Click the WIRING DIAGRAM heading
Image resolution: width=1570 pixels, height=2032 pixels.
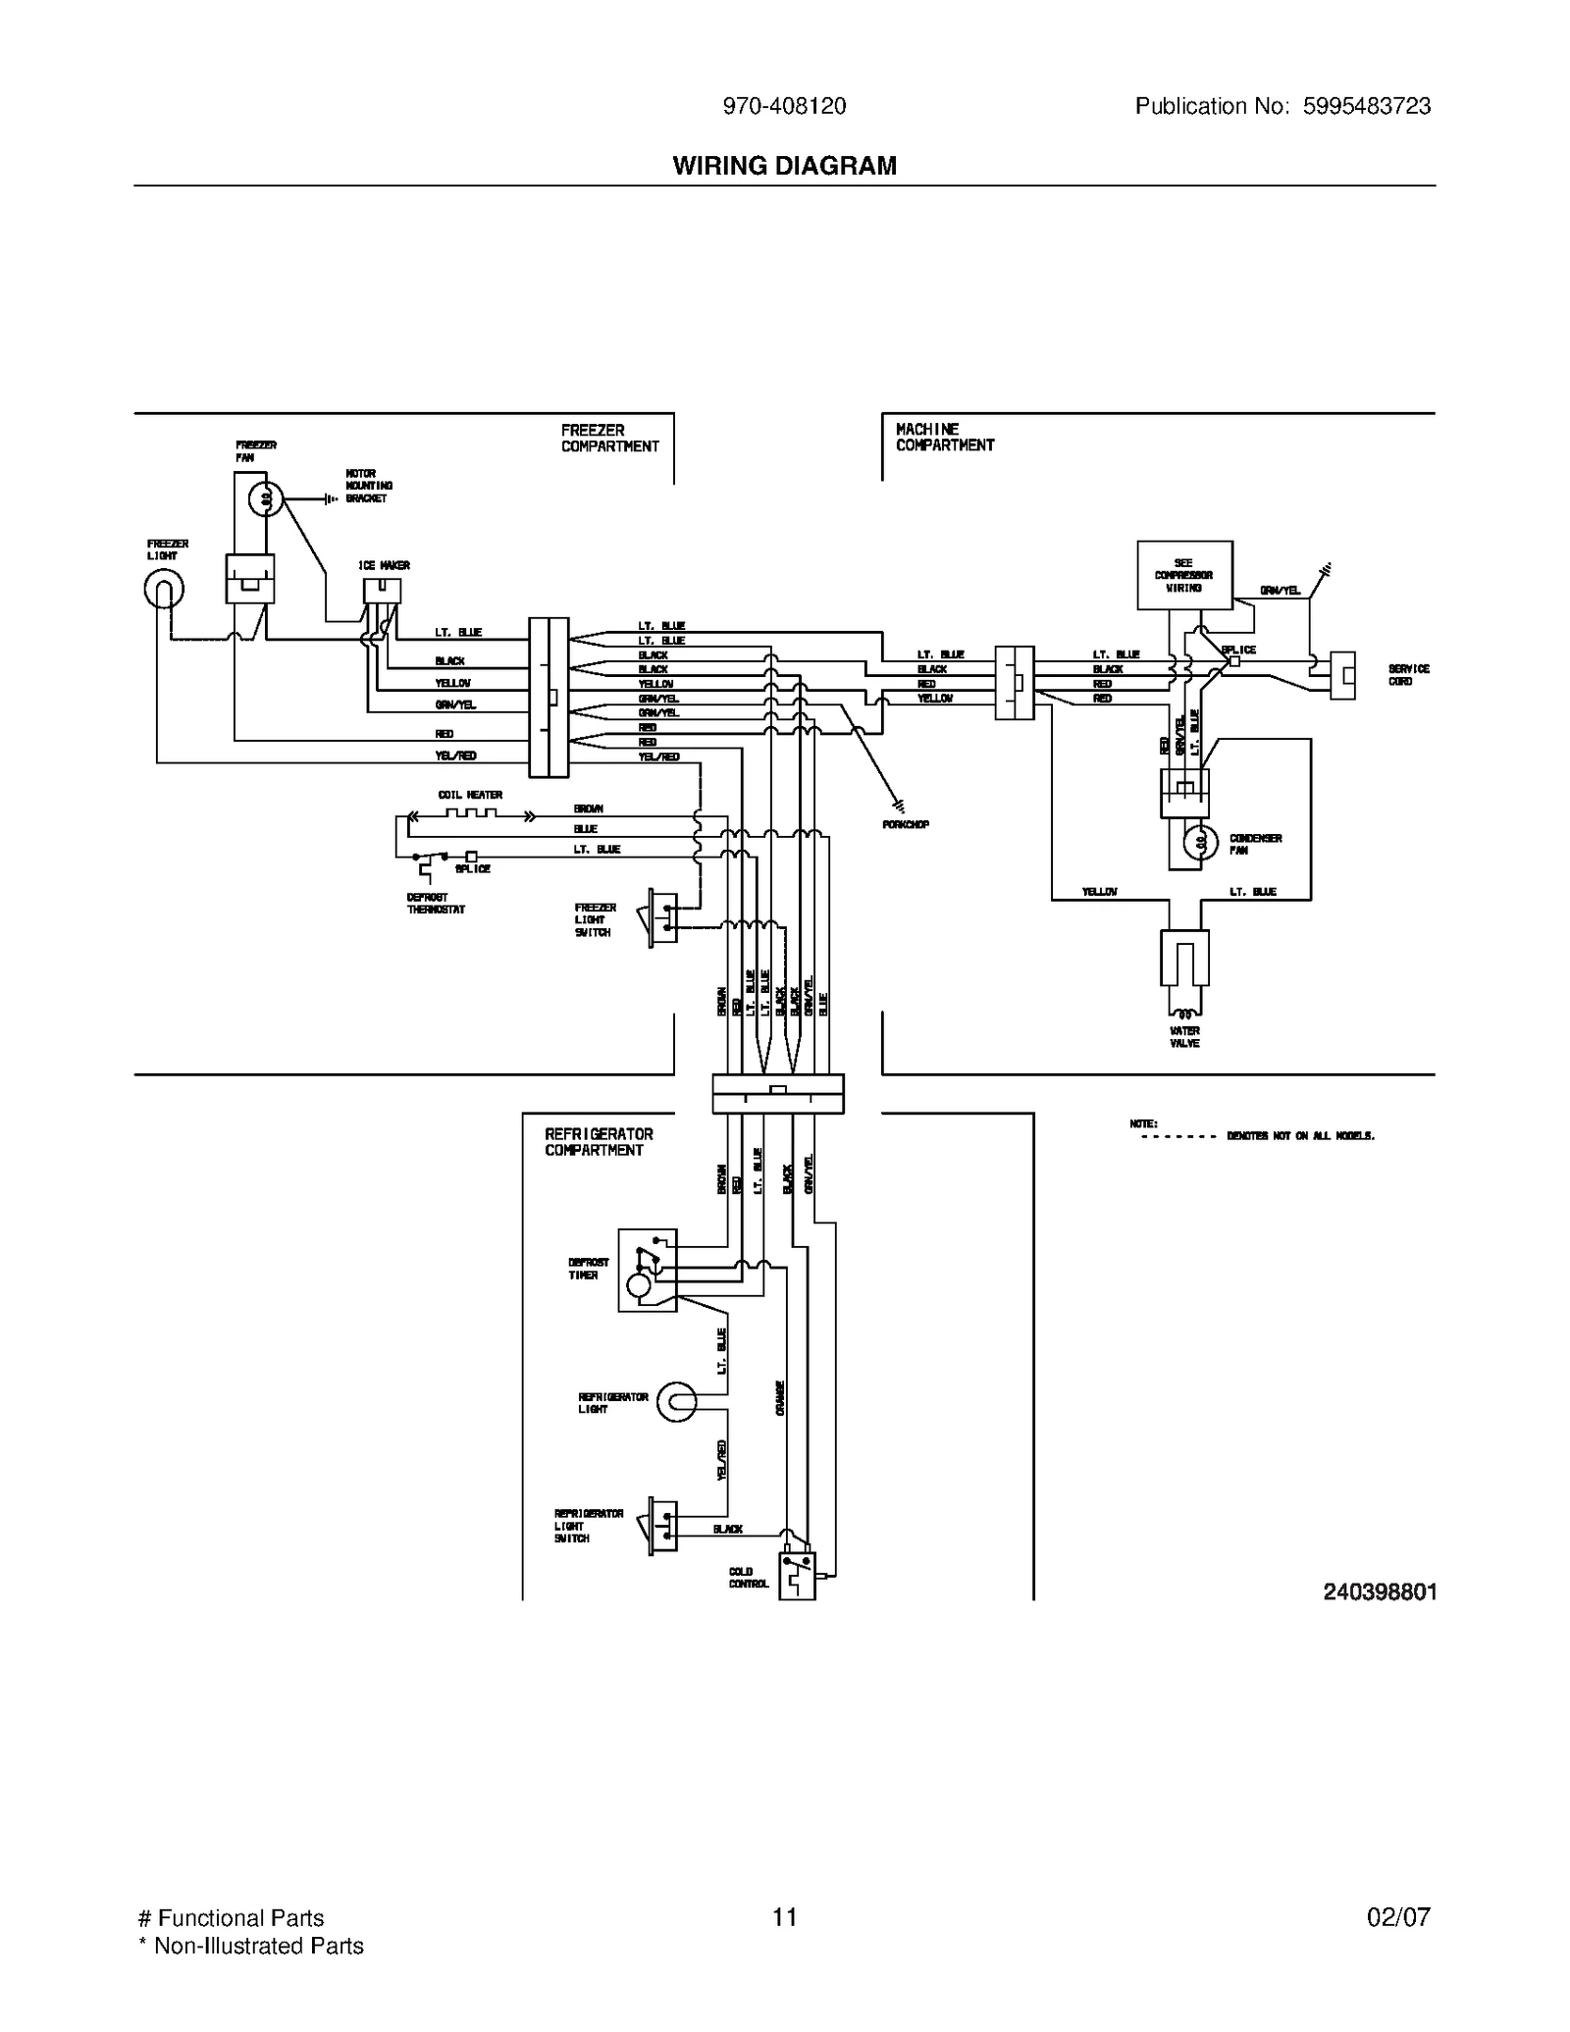click(x=784, y=166)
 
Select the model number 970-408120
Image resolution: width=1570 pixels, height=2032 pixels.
click(x=784, y=107)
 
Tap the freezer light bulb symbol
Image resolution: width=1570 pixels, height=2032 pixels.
click(x=163, y=590)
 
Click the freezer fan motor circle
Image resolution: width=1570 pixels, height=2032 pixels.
click(x=264, y=499)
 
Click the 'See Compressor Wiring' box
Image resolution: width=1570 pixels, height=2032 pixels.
click(x=1184, y=575)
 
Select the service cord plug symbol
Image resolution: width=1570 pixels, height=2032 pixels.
click(x=1342, y=675)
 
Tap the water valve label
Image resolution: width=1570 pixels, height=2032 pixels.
click(x=1184, y=1037)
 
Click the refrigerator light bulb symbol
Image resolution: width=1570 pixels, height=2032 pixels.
click(x=676, y=1402)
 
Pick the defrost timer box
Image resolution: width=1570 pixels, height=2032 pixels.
click(x=647, y=1270)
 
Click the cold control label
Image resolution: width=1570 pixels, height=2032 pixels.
click(x=748, y=1578)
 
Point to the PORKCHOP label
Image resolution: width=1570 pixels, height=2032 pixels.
click(x=906, y=825)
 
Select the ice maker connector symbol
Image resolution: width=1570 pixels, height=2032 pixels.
click(x=382, y=591)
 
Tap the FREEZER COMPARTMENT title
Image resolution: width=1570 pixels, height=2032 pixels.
click(x=609, y=439)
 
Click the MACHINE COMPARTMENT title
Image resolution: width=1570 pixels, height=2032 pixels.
click(x=944, y=438)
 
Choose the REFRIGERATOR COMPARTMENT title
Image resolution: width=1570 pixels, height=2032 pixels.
click(x=599, y=1142)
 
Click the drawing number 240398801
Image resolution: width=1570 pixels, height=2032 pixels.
click(x=1379, y=1592)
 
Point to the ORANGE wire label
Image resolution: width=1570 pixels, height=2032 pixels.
click(x=781, y=1397)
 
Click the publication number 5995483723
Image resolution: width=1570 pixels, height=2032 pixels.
click(x=1366, y=107)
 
